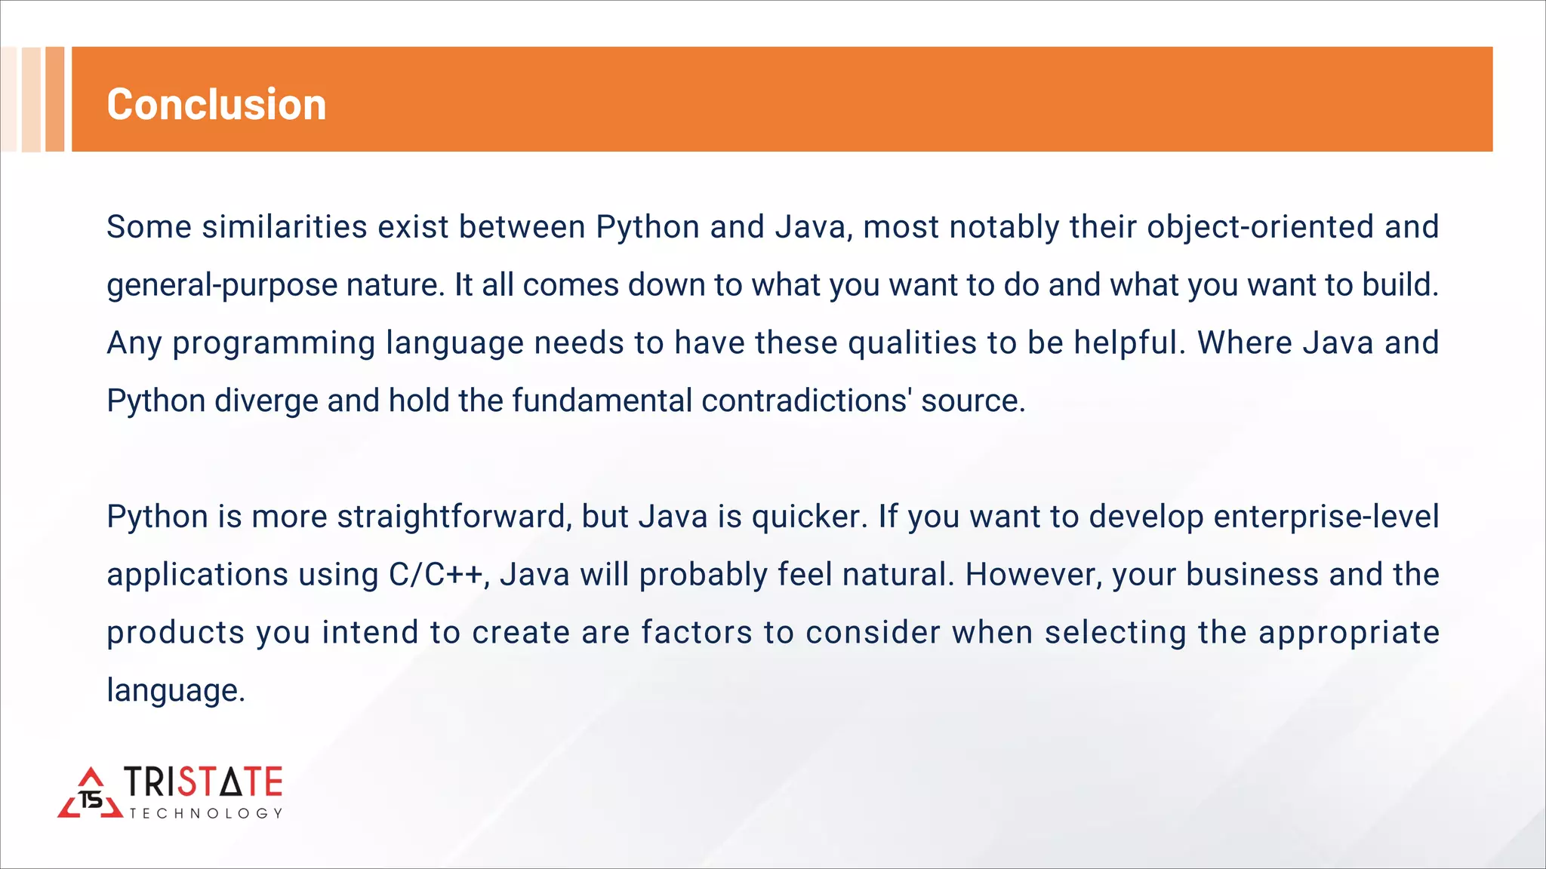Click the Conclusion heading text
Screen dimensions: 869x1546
coord(217,104)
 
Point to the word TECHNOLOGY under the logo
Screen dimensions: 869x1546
coord(205,813)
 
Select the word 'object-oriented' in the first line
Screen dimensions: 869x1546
coord(1260,227)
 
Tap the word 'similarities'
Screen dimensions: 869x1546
coord(285,227)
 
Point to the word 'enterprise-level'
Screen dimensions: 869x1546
coord(1326,517)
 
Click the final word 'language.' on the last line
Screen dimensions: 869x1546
coord(176,690)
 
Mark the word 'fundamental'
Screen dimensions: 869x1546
coord(602,401)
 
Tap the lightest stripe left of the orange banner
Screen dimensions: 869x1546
coord(8,99)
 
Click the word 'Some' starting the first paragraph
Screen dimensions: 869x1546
coord(149,227)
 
